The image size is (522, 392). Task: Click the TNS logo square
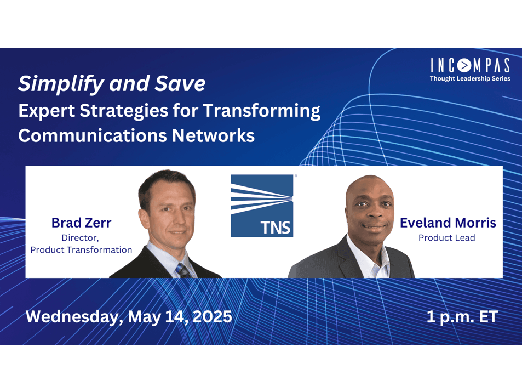click(262, 206)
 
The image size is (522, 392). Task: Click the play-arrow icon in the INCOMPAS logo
click(464, 66)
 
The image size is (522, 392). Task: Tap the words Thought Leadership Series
click(470, 78)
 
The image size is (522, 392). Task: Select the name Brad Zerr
click(81, 223)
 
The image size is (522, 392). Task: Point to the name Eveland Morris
click(448, 223)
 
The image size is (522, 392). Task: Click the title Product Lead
click(447, 237)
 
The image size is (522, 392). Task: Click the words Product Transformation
click(81, 249)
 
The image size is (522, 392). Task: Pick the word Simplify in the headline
click(61, 84)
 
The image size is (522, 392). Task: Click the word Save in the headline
click(180, 83)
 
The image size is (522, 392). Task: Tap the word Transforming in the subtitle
click(262, 111)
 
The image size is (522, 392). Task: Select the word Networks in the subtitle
click(213, 135)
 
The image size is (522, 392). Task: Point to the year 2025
click(213, 316)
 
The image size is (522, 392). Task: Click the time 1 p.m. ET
click(462, 317)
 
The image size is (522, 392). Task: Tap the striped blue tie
click(183, 270)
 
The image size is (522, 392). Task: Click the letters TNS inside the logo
click(276, 228)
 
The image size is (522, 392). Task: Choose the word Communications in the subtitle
click(93, 135)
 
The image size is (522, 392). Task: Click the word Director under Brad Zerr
click(80, 238)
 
